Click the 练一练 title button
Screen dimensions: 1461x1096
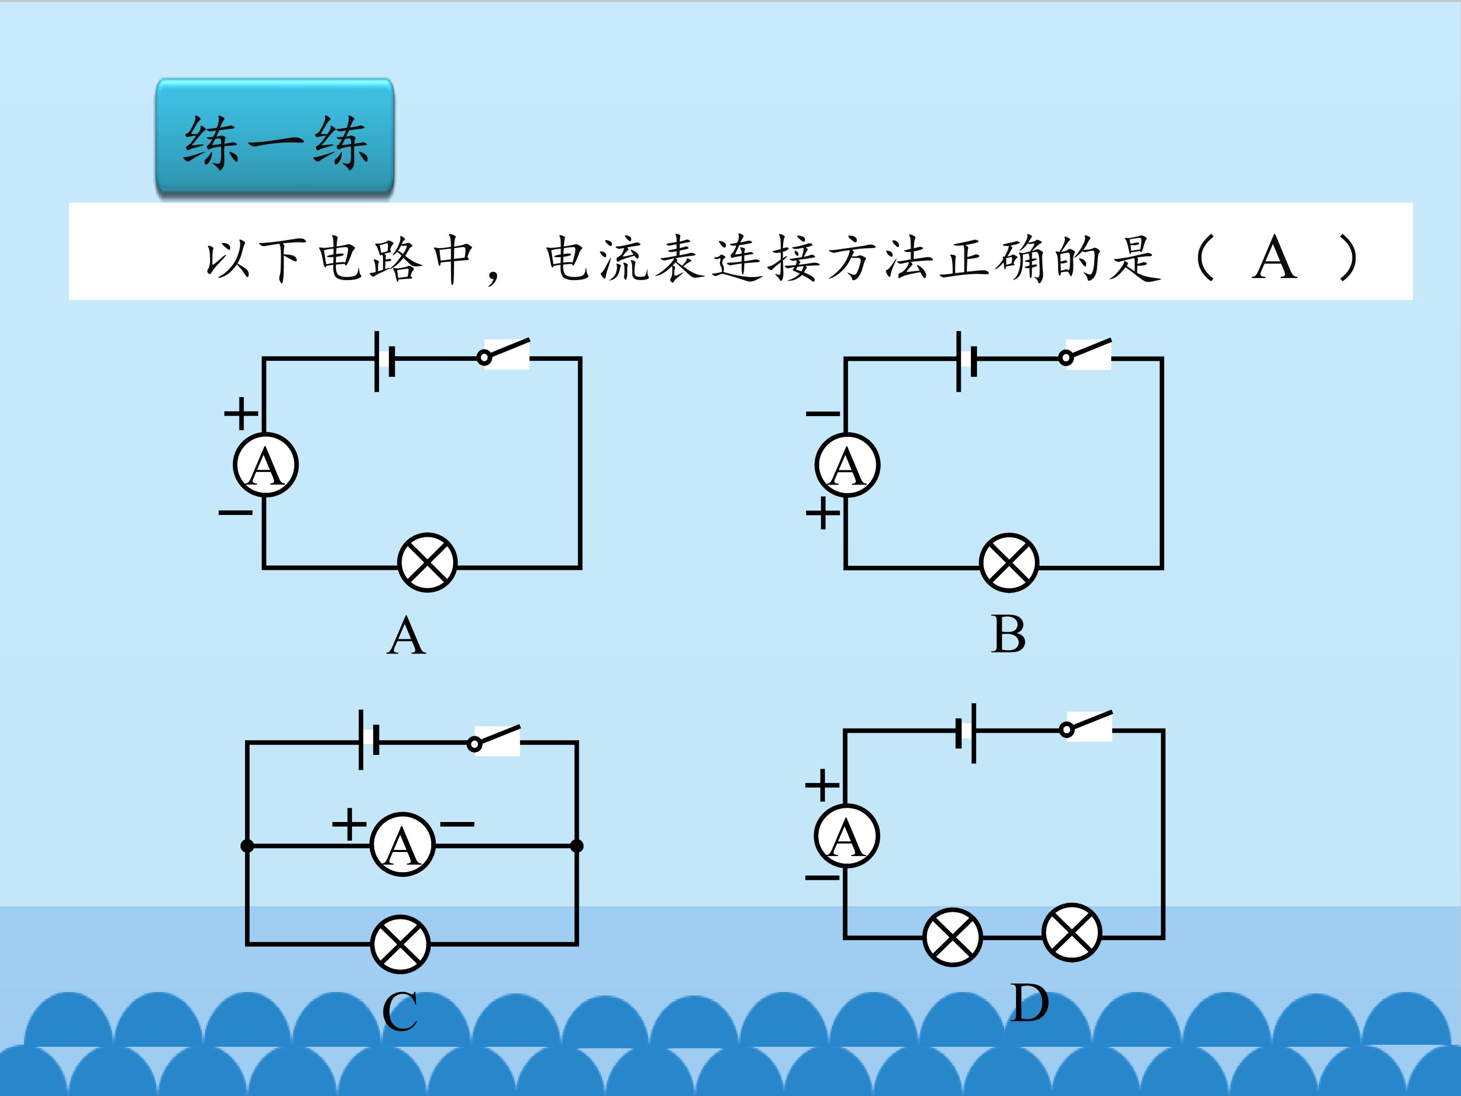pos(275,137)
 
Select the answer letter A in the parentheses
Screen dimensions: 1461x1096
pos(1274,258)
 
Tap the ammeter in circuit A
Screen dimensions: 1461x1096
pos(265,465)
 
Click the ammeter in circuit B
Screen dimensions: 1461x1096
pos(847,465)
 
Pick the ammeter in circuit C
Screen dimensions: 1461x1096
pos(402,844)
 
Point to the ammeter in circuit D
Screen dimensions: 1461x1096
pos(847,836)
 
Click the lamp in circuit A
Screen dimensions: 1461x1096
pos(427,562)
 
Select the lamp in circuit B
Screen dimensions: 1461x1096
pos(1009,562)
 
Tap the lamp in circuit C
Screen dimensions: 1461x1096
pos(400,944)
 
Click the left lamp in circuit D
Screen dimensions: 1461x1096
pos(952,937)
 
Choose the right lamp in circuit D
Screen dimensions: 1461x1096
pos(1071,932)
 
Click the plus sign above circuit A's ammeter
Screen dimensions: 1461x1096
pos(241,414)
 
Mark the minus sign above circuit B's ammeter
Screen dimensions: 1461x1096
pos(823,414)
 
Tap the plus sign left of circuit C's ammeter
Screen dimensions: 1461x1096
pos(349,824)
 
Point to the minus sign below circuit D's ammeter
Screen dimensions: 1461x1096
pos(822,878)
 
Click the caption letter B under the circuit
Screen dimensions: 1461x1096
pos(1008,635)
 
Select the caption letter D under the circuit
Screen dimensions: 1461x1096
pos(1029,1003)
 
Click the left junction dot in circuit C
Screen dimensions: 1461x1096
pos(247,846)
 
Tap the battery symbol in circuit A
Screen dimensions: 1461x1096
pos(385,361)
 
